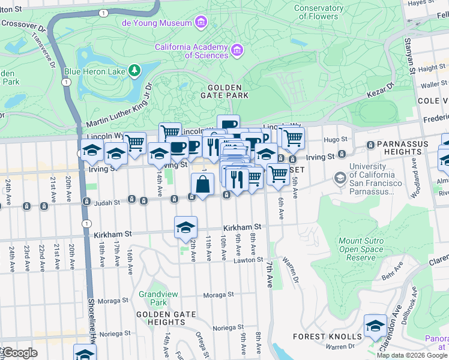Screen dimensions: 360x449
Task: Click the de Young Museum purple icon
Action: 200,23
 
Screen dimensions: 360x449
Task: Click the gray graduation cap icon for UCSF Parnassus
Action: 340,178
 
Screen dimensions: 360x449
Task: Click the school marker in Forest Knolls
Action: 376,326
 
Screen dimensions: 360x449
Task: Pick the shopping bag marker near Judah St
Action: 203,185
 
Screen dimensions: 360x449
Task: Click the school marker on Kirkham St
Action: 186,227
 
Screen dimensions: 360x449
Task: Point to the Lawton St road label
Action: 249,259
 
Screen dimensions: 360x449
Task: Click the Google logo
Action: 19,353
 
